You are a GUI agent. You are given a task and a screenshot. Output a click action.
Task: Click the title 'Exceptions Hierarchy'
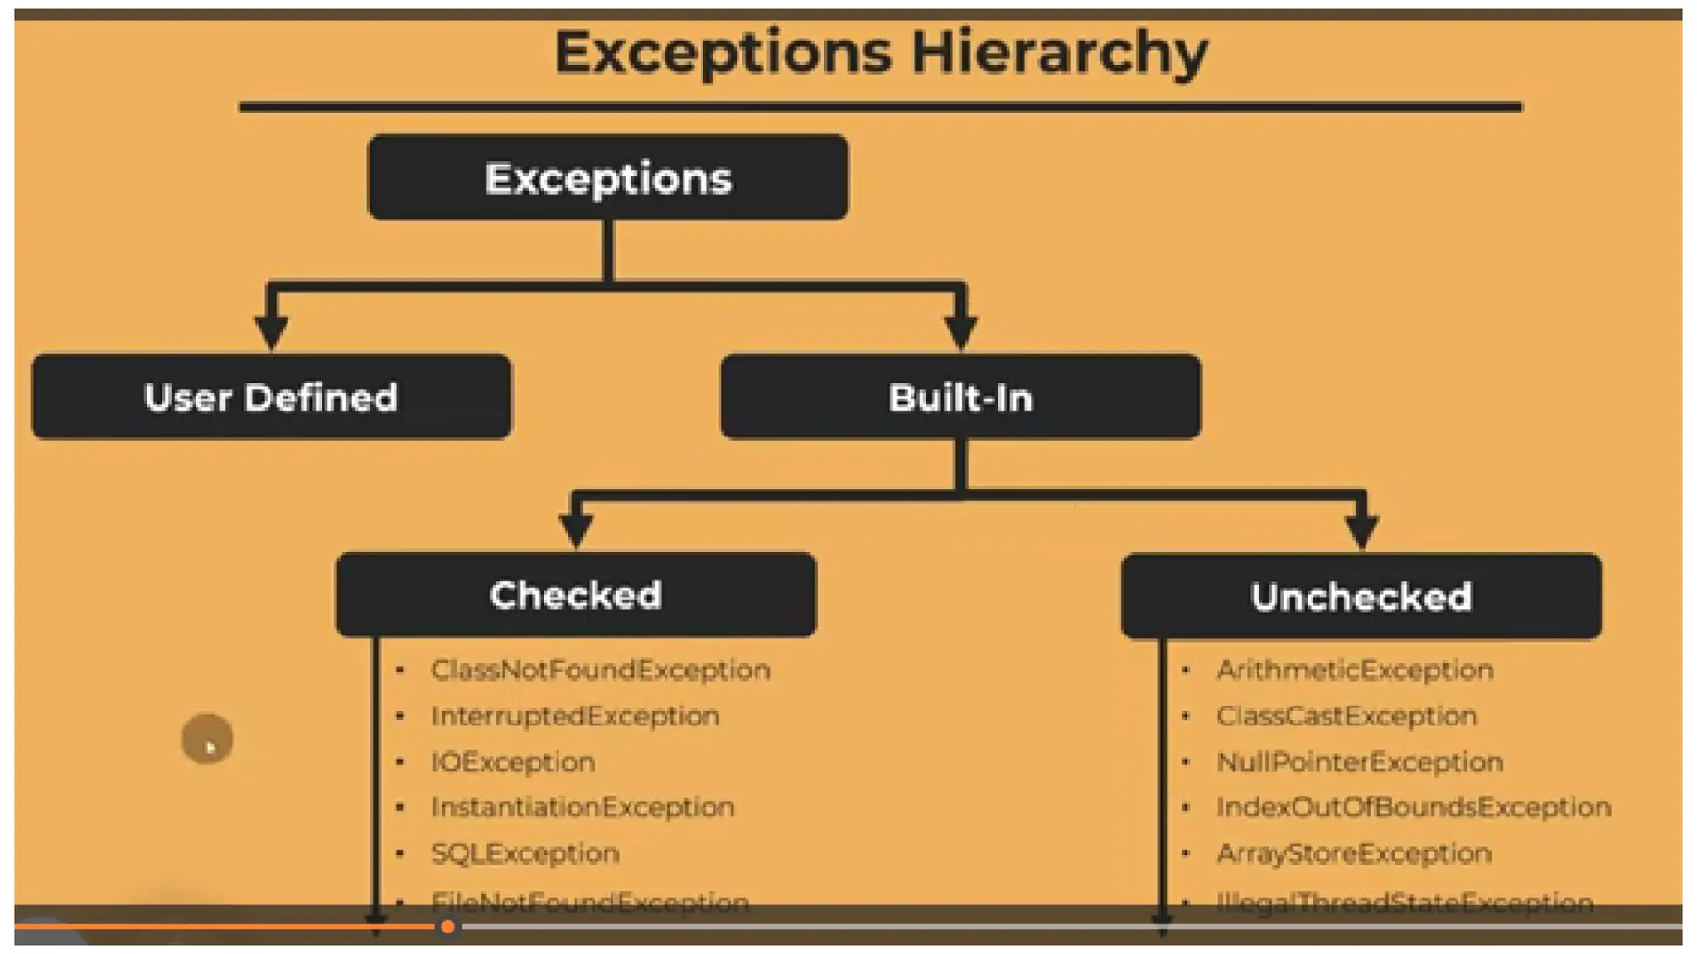(x=881, y=52)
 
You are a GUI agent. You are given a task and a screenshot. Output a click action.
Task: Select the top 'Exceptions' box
(x=607, y=178)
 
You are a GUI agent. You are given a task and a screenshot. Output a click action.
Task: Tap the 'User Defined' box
(x=271, y=397)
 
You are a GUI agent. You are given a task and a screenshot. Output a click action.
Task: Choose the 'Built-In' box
(x=960, y=397)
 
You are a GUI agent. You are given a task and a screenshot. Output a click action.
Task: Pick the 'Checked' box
(x=576, y=595)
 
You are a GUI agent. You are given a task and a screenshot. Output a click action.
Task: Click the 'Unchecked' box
(x=1361, y=596)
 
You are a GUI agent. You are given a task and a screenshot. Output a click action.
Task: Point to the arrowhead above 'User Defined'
(x=271, y=333)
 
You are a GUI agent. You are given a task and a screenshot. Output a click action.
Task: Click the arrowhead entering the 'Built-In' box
(x=960, y=333)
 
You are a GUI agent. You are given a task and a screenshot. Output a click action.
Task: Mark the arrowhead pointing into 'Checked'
(x=576, y=530)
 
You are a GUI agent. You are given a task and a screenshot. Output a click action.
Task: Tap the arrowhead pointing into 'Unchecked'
(x=1361, y=530)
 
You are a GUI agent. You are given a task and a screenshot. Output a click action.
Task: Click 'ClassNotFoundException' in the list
(x=601, y=669)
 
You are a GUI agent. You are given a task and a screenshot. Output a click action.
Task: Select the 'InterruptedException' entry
(x=575, y=715)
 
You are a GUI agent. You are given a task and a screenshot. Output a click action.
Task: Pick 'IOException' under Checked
(x=513, y=762)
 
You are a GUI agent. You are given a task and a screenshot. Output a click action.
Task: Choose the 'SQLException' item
(x=525, y=853)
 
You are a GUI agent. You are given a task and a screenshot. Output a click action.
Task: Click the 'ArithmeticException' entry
(x=1355, y=669)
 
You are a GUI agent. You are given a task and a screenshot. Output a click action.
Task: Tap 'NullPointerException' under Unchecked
(x=1360, y=762)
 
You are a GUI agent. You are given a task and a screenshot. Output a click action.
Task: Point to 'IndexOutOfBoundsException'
(x=1414, y=807)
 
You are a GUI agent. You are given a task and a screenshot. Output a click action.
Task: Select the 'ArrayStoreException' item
(x=1354, y=853)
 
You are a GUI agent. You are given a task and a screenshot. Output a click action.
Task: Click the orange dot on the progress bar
(x=447, y=927)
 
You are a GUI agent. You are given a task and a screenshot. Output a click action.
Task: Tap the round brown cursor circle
(x=207, y=739)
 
